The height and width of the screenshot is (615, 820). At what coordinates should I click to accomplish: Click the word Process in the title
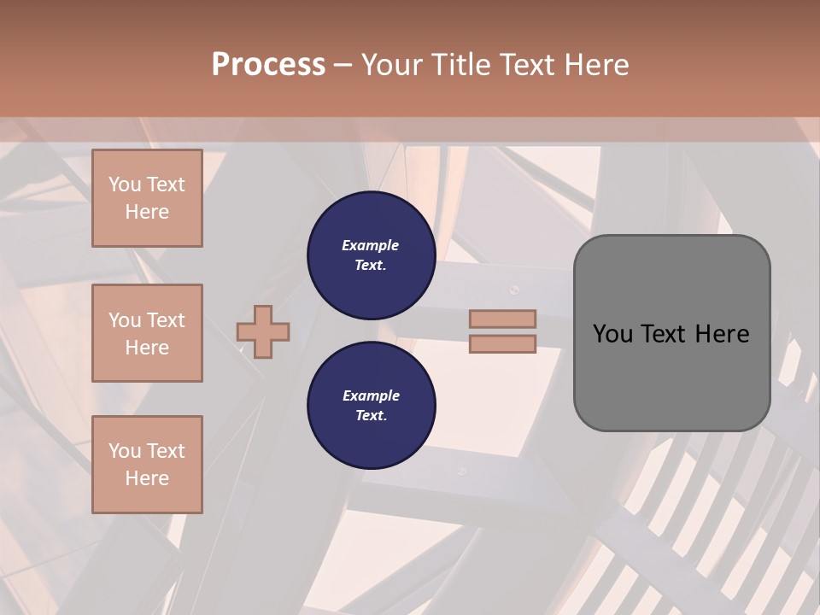(x=268, y=65)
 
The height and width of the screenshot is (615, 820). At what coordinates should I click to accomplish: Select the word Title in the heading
(x=461, y=65)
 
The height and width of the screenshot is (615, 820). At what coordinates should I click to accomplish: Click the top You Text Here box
(x=147, y=198)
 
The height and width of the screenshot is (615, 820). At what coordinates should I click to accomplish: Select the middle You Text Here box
(x=147, y=333)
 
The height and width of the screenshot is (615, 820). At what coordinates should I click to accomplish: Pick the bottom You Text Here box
(x=147, y=465)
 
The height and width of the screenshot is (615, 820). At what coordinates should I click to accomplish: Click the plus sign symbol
(x=263, y=331)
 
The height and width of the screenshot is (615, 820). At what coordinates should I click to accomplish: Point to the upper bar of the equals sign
(x=503, y=319)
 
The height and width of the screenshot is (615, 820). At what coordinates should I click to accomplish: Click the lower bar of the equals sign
(x=503, y=343)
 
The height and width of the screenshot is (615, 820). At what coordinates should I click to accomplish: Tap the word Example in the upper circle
(x=371, y=245)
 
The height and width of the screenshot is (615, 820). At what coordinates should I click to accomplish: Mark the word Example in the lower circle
(x=371, y=395)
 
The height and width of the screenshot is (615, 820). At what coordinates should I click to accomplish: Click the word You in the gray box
(x=612, y=334)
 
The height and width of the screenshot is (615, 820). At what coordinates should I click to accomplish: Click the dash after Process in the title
(x=343, y=65)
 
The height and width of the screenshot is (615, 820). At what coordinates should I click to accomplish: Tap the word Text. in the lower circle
(x=371, y=416)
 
